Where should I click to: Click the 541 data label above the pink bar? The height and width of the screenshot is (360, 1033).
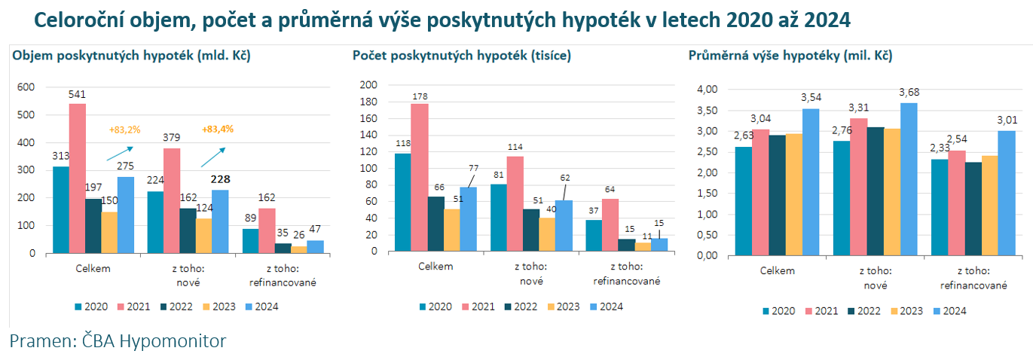click(78, 94)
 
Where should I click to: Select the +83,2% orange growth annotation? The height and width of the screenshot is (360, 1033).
click(125, 130)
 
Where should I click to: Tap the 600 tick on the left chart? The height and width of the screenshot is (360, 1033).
click(26, 87)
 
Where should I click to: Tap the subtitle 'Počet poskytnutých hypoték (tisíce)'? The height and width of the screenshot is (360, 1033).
click(461, 56)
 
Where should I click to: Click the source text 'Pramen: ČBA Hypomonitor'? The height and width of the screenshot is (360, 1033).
click(118, 341)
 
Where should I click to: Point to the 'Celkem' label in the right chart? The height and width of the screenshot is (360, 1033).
click(777, 270)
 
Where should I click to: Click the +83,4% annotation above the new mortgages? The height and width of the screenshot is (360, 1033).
click(218, 129)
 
